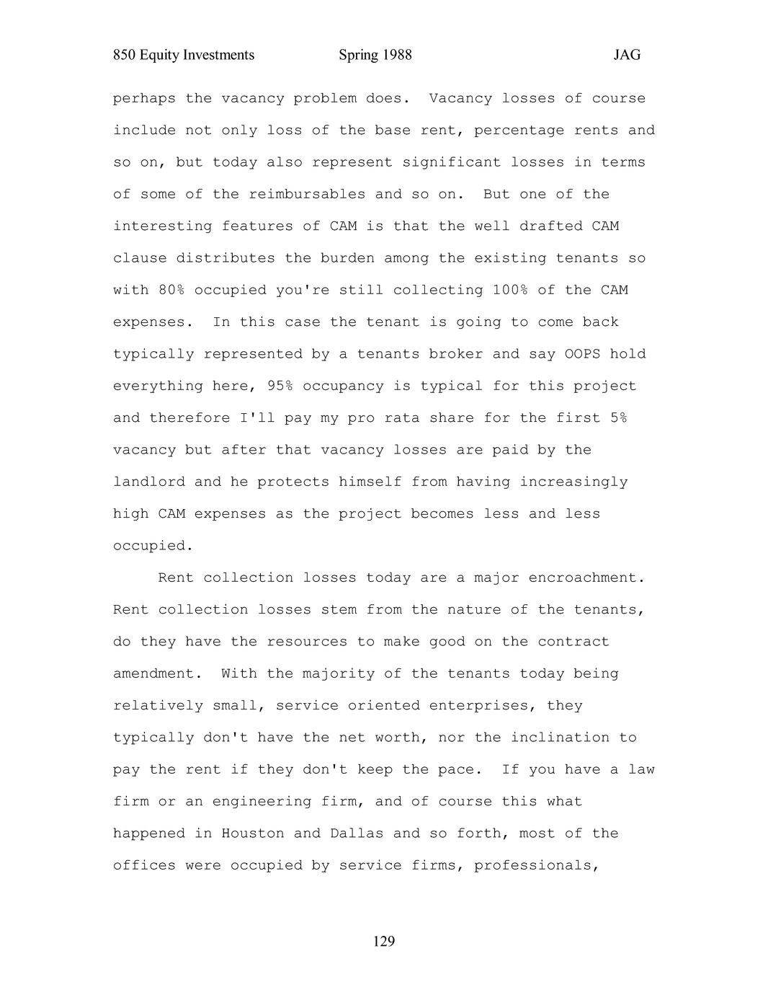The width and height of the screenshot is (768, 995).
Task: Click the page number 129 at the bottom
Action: click(384, 942)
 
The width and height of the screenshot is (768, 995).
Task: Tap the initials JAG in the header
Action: click(627, 55)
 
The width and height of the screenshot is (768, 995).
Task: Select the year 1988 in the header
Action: click(395, 55)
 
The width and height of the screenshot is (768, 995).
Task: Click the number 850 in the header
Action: click(125, 55)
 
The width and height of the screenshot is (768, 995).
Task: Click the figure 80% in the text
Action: click(171, 290)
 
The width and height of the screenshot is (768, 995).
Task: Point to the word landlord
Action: click(149, 482)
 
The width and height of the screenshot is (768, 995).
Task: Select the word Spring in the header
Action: click(358, 55)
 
